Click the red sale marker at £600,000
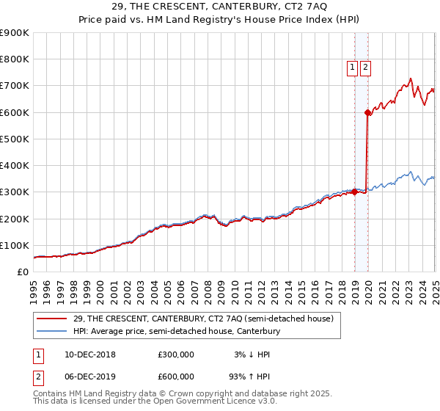tap(367, 112)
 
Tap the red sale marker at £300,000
tap(354, 192)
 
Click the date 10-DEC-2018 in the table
tap(90, 354)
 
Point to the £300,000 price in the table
tap(176, 354)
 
